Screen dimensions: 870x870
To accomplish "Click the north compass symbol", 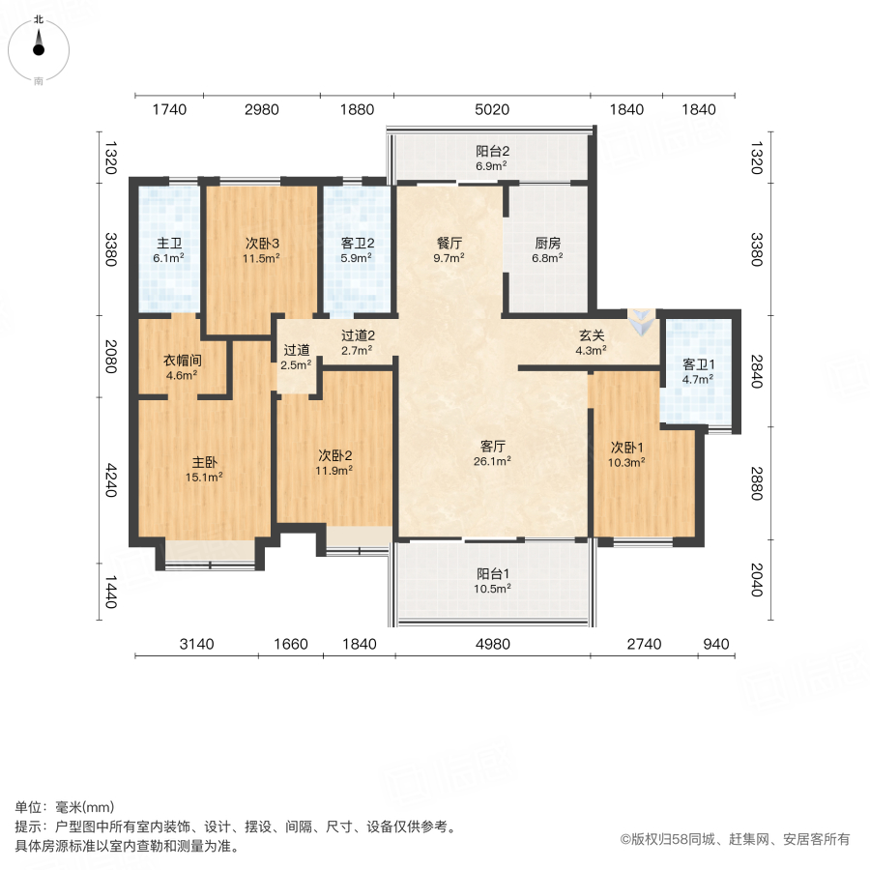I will (39, 43).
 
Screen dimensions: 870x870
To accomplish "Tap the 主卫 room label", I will (170, 243).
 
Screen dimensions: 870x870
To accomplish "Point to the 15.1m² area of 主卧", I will (205, 476).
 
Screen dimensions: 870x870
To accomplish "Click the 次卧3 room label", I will (261, 243).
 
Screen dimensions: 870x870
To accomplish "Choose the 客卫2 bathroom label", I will (357, 243).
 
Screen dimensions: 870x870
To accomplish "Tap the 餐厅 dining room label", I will (449, 243).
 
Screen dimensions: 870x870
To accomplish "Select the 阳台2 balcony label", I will (492, 151).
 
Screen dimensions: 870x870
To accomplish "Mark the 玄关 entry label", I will (592, 335).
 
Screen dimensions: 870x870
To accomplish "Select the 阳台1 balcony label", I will (492, 572).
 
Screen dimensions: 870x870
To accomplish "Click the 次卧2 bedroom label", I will (335, 455).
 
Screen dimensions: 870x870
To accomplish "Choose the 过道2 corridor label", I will (358, 335).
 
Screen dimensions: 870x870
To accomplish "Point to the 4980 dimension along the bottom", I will (491, 644).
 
